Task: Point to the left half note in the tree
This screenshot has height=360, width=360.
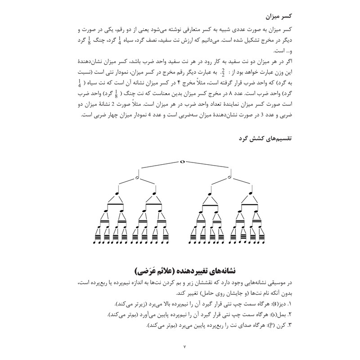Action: [x=137, y=177]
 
